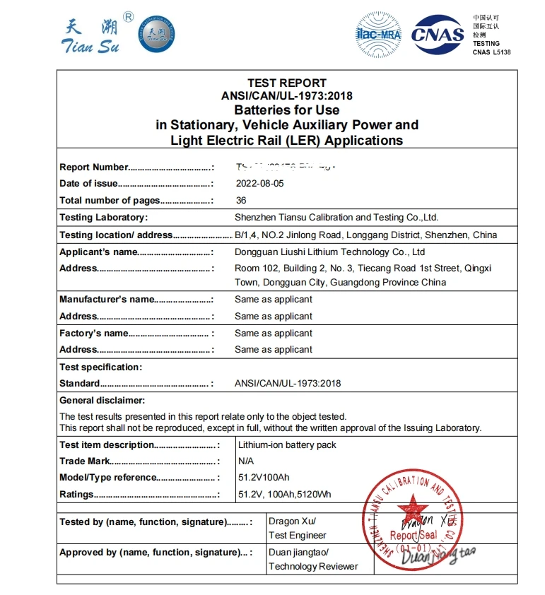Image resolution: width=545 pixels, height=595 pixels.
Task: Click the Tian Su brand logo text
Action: [x=93, y=35]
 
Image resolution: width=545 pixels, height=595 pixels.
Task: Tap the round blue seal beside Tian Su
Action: [x=156, y=34]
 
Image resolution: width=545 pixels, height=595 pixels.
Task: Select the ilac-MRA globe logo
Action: [x=379, y=35]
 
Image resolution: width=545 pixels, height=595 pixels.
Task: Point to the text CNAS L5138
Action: [x=491, y=52]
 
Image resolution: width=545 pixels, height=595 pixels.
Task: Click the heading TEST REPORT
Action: [x=286, y=83]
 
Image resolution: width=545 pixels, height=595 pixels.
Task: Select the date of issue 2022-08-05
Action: [x=259, y=184]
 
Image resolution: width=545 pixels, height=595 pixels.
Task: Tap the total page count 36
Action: [x=241, y=201]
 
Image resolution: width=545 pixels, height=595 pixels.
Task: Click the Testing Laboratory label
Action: [x=103, y=218]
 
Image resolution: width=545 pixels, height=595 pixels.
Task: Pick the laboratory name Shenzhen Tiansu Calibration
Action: [x=336, y=218]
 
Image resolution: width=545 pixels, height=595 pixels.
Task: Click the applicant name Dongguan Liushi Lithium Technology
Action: [x=329, y=252]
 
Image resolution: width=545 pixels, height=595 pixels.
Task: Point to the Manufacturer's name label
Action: [x=107, y=300]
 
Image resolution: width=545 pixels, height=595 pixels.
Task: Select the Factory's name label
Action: [x=94, y=334]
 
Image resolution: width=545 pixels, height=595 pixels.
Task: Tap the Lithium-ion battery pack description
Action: [x=287, y=445]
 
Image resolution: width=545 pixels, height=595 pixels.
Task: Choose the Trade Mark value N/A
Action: [x=246, y=461]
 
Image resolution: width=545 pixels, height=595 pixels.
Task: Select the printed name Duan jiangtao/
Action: [x=298, y=553]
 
